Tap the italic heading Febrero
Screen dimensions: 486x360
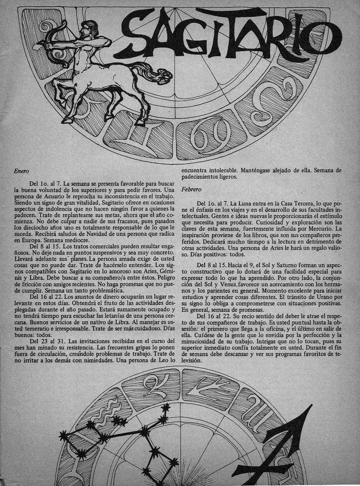[191, 189]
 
